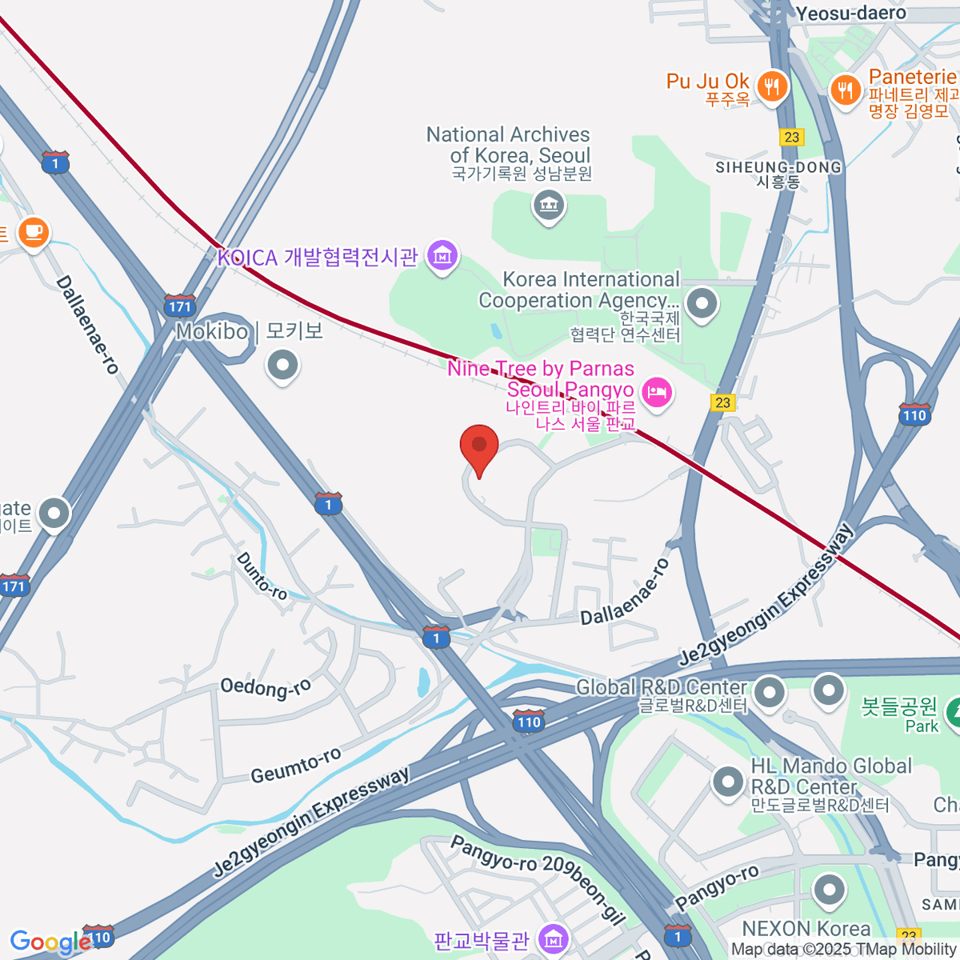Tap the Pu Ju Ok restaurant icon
pyautogui.click(x=771, y=86)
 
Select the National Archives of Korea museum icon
pyautogui.click(x=549, y=206)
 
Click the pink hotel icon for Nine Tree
pyautogui.click(x=656, y=392)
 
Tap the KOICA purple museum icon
pyautogui.click(x=442, y=256)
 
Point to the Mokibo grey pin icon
pyautogui.click(x=282, y=366)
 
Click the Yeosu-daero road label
pyautogui.click(x=850, y=13)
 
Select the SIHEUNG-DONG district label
pyautogui.click(x=778, y=168)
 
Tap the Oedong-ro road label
pyautogui.click(x=266, y=687)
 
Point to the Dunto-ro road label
pyautogui.click(x=262, y=576)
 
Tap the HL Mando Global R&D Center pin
pyautogui.click(x=728, y=782)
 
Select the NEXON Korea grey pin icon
pyautogui.click(x=829, y=890)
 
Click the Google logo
pyautogui.click(x=50, y=942)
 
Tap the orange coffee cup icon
pyautogui.click(x=33, y=233)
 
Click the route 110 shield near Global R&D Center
pyautogui.click(x=528, y=722)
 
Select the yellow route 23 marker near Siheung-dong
pyautogui.click(x=791, y=137)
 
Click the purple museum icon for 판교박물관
pyautogui.click(x=553, y=939)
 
